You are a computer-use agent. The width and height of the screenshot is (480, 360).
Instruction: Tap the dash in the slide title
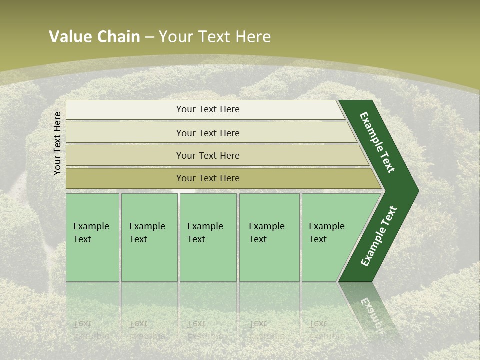pyautogui.click(x=149, y=37)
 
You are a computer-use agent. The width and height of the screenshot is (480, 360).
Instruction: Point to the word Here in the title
pyautogui.click(x=253, y=37)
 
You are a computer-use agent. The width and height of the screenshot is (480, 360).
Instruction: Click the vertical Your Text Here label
pyautogui.click(x=57, y=144)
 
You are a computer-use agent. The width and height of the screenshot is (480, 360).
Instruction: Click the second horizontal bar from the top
pyautogui.click(x=208, y=133)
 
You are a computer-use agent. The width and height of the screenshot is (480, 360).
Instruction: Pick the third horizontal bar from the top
pyautogui.click(x=208, y=155)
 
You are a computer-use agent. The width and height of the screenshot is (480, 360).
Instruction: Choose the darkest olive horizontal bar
pyautogui.click(x=208, y=178)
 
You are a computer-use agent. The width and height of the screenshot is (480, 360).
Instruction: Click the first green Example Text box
pyautogui.click(x=92, y=237)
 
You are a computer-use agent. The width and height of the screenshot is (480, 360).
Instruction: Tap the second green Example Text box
pyautogui.click(x=149, y=237)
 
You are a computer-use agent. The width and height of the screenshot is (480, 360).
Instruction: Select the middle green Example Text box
pyautogui.click(x=208, y=237)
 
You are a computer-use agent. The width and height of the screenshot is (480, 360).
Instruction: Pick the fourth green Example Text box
pyautogui.click(x=269, y=237)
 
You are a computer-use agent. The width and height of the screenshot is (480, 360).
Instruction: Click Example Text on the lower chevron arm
pyautogui.click(x=379, y=236)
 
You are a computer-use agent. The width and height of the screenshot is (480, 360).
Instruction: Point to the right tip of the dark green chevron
pyautogui.click(x=417, y=191)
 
